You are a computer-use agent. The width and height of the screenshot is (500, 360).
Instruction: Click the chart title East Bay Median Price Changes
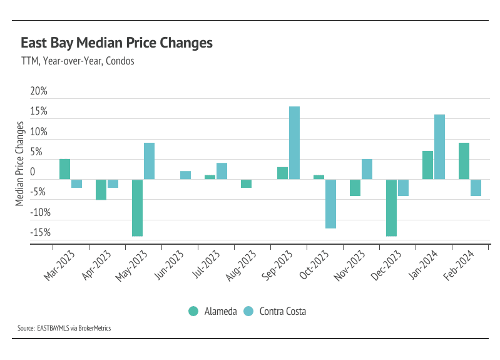(x=116, y=43)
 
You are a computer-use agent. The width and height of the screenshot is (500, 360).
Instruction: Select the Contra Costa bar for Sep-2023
(x=294, y=143)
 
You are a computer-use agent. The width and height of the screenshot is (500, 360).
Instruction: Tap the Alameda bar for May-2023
(x=137, y=207)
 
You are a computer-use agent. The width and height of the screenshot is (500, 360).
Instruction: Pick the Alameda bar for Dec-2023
(x=391, y=207)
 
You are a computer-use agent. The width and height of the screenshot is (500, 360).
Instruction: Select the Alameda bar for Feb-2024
(x=464, y=161)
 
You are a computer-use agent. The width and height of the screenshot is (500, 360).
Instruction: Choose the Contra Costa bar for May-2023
(x=149, y=161)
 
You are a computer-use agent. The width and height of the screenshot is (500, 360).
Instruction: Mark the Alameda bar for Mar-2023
(x=64, y=169)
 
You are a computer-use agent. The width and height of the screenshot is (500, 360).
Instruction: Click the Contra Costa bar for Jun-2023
(x=185, y=175)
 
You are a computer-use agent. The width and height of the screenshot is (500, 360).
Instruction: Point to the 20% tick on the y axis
(x=39, y=91)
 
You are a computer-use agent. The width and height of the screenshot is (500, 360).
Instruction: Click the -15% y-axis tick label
(x=39, y=232)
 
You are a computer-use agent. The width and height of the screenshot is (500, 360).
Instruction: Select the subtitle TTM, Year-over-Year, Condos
(x=78, y=62)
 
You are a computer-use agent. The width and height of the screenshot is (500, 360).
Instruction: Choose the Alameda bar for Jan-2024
(x=427, y=165)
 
